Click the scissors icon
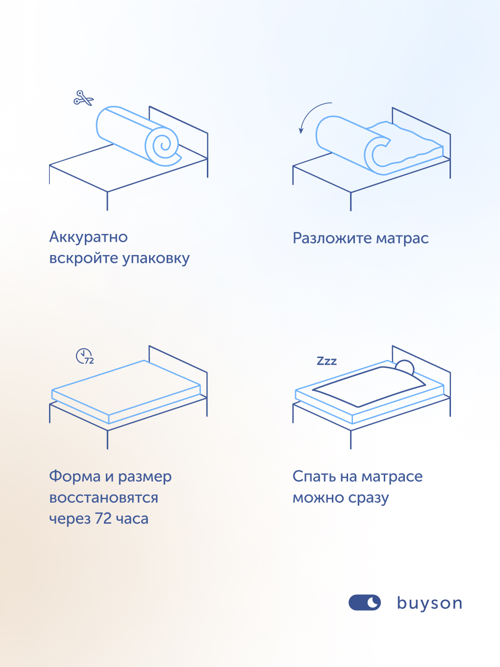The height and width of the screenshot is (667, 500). tap(83, 98)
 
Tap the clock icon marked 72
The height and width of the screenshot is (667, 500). tap(84, 356)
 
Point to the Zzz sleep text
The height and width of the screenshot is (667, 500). tap(326, 361)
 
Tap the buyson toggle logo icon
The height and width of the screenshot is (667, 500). tap(364, 602)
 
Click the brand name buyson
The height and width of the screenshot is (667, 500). tap(429, 603)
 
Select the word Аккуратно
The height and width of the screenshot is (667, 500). tap(88, 237)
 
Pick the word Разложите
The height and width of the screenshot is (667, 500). tap(332, 238)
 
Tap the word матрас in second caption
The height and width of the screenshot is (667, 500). tap(402, 239)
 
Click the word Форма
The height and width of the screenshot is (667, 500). tap(75, 476)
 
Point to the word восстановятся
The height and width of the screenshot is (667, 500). tap(103, 498)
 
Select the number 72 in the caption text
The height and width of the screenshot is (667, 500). tap(103, 519)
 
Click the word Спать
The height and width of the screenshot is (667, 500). tap(314, 477)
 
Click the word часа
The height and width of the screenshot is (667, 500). tap(132, 519)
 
